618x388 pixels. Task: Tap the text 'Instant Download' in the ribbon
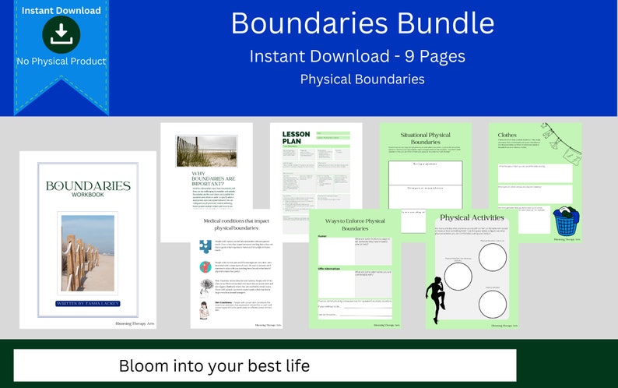pos(61,10)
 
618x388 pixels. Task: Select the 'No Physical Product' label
pos(61,61)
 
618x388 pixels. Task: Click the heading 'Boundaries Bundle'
pos(362,23)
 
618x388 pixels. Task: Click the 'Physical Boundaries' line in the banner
pos(362,79)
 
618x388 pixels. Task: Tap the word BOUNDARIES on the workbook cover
pos(87,186)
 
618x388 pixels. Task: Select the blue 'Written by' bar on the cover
pos(87,303)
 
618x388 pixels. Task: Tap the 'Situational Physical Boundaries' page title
pos(426,138)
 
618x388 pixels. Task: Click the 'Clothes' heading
pos(507,135)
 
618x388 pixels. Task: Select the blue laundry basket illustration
pos(565,220)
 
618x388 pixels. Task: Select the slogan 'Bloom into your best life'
pos(214,365)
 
